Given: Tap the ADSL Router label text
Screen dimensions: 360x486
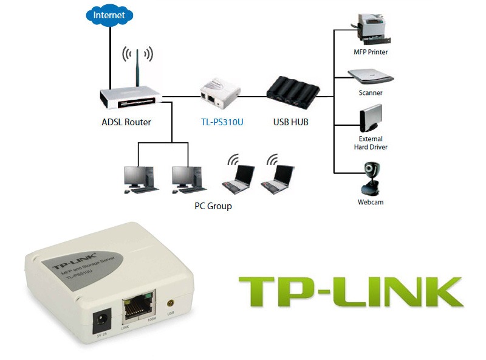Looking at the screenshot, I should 126,122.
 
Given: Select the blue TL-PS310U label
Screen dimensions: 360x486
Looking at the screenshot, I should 222,122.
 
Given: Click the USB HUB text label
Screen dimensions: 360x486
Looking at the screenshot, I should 291,122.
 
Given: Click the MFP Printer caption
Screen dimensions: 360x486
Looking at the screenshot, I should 371,52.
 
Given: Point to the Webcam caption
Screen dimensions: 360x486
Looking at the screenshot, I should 371,202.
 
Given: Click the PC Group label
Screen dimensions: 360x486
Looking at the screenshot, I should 213,206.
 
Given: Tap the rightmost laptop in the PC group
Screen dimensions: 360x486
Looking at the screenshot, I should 277,176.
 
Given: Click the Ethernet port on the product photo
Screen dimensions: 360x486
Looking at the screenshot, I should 138,310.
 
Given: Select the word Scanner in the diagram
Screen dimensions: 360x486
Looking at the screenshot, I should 371,93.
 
